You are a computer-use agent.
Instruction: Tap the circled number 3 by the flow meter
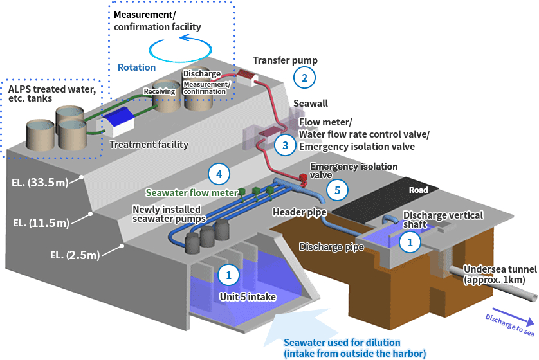[x=282, y=145]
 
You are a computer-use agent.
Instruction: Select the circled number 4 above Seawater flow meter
[x=219, y=174]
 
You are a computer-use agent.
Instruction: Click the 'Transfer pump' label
[x=285, y=60]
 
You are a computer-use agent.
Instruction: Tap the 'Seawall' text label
[x=311, y=104]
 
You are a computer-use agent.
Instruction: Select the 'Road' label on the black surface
[x=419, y=190]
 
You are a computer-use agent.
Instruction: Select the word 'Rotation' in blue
[x=136, y=67]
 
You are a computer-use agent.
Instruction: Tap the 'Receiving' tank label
[x=160, y=92]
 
